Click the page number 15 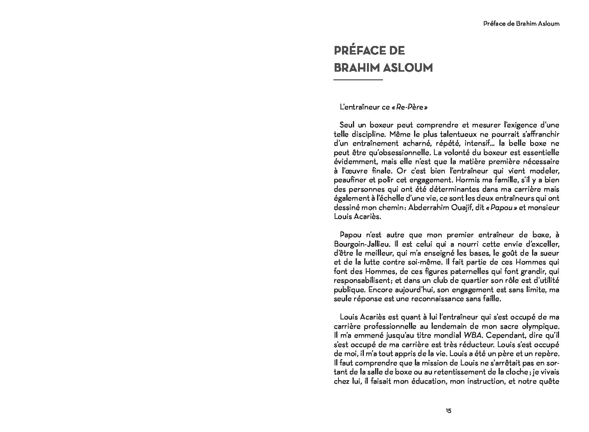point(448,411)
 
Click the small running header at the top point(521,23)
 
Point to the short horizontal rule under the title point(358,80)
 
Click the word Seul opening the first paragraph point(347,125)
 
